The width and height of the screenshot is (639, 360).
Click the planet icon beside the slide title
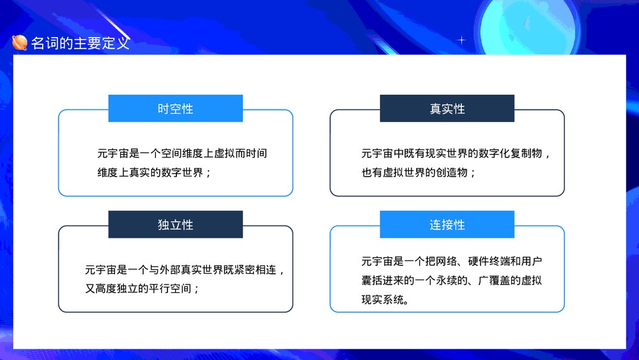[x=20, y=43]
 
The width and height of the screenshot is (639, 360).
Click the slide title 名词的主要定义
[x=80, y=43]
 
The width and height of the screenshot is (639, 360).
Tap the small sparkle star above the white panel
[x=462, y=40]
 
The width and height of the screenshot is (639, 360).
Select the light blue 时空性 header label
[x=175, y=109]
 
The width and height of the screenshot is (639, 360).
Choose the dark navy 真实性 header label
[x=447, y=109]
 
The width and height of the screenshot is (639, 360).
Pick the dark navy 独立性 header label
[x=175, y=225]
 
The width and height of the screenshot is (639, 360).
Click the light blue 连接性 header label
[x=447, y=225]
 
